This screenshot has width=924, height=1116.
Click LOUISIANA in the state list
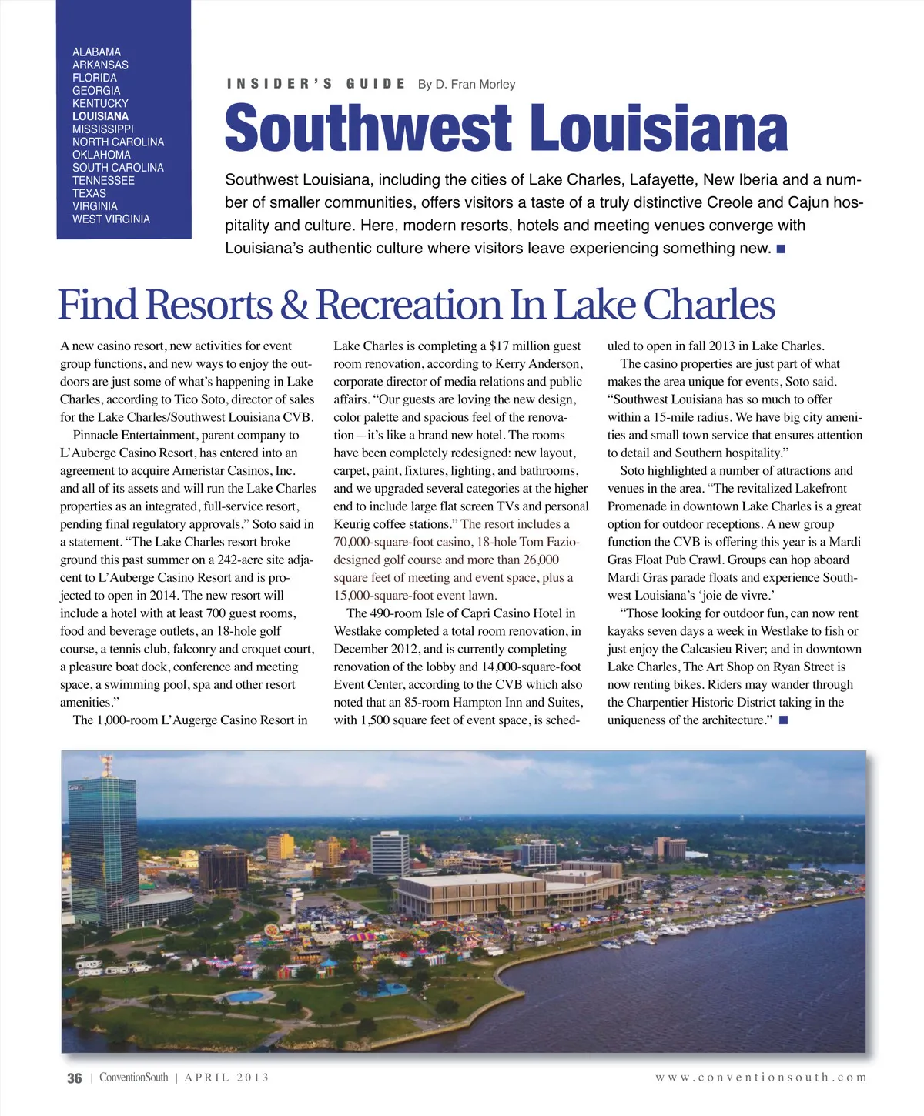100,116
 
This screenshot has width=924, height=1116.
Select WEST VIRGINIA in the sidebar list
111,219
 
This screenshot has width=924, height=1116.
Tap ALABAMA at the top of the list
96,52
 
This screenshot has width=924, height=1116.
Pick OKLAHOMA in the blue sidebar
102,155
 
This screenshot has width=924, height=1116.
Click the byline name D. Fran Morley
475,84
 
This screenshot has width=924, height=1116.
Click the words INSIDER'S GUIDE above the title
316,84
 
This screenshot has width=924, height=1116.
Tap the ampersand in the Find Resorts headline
293,305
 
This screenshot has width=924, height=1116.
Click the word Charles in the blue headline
708,305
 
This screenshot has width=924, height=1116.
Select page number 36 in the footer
74,1078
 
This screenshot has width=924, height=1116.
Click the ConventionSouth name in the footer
133,1078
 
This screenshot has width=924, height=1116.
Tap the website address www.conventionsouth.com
761,1078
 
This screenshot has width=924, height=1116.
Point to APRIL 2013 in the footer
226,1078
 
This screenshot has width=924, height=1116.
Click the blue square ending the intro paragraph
781,249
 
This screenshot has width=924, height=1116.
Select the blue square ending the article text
783,720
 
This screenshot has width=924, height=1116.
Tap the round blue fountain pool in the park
246,996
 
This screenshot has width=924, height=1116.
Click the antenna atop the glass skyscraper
105,764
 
